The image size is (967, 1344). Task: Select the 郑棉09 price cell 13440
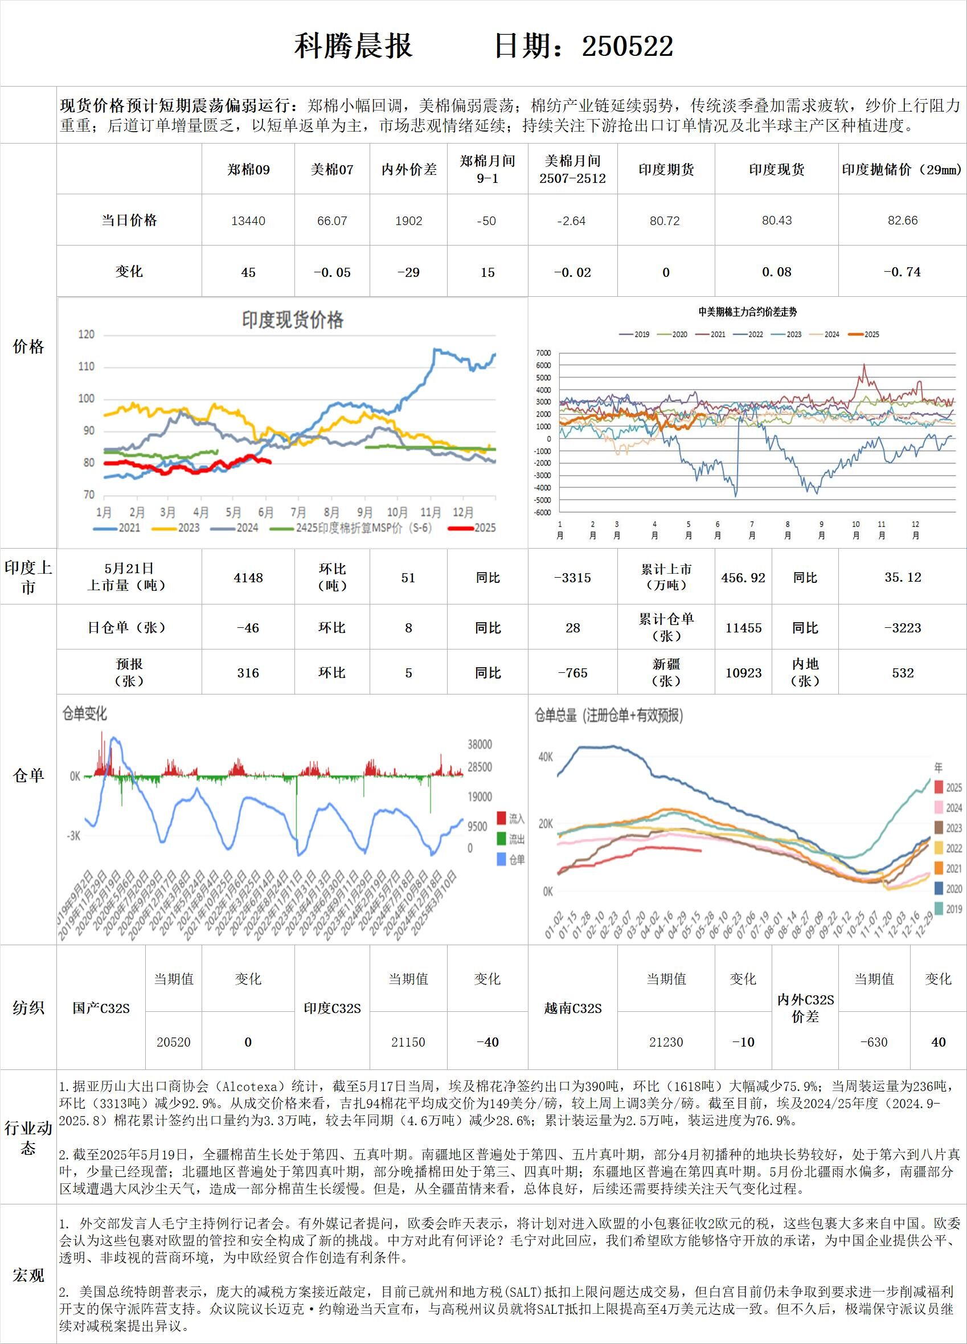pyautogui.click(x=248, y=221)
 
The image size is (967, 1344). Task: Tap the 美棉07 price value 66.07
pyautogui.click(x=332, y=221)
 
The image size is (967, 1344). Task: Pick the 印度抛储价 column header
pyautogui.click(x=902, y=169)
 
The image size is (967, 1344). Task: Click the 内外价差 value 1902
pyautogui.click(x=408, y=221)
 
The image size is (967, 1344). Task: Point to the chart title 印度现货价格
pyautogui.click(x=292, y=321)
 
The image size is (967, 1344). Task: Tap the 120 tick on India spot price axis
pyautogui.click(x=87, y=335)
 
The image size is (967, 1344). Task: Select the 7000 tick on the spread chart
pyautogui.click(x=543, y=353)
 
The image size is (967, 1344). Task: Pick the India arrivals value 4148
pyautogui.click(x=248, y=577)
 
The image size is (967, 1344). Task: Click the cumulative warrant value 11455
pyautogui.click(x=743, y=627)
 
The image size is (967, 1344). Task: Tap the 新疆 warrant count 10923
pyautogui.click(x=743, y=673)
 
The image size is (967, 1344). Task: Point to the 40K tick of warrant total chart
pyautogui.click(x=545, y=757)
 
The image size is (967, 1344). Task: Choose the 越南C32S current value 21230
pyautogui.click(x=666, y=1042)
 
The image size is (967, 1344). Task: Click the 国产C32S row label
pyautogui.click(x=101, y=1007)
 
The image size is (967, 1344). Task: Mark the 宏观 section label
pyautogui.click(x=28, y=1274)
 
